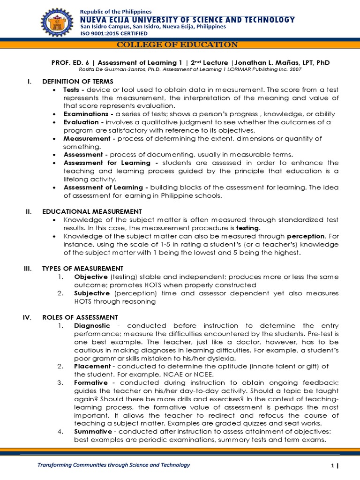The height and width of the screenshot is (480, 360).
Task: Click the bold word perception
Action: pyautogui.click(x=306, y=236)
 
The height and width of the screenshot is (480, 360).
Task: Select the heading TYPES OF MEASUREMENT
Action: pyautogui.click(x=82, y=269)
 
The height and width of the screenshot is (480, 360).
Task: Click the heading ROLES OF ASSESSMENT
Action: pyautogui.click(x=80, y=317)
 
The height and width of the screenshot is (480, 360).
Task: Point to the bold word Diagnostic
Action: pyautogui.click(x=92, y=325)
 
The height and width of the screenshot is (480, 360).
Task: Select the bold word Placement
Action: pyautogui.click(x=91, y=366)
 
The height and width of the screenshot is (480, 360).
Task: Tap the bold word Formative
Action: pyautogui.click(x=91, y=382)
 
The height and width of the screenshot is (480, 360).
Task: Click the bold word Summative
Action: pyautogui.click(x=93, y=431)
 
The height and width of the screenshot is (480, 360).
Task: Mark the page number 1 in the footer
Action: pyautogui.click(x=331, y=465)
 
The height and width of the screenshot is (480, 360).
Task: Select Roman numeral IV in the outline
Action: pyautogui.click(x=27, y=317)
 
